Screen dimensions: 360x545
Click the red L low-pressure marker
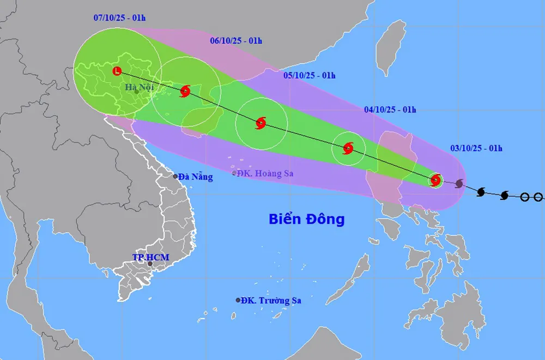coord(117,71)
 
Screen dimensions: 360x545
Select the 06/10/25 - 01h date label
coord(236,40)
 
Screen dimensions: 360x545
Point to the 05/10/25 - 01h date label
coord(310,75)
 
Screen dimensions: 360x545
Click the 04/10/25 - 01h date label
coord(390,109)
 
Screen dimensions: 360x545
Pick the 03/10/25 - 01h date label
coord(476,148)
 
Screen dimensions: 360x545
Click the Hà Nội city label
coord(140,87)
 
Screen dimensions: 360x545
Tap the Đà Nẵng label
coord(196,176)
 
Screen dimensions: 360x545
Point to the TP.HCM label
coord(151,257)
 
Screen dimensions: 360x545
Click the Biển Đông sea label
coord(307,219)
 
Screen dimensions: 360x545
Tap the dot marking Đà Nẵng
coord(175,176)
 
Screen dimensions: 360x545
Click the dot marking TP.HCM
coord(150,264)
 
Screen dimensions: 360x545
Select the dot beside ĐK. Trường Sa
coord(238,300)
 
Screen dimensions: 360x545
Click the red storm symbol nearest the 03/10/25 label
coord(435,180)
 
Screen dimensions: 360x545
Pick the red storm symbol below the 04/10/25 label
coord(348,148)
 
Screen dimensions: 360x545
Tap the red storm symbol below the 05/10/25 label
coord(261,123)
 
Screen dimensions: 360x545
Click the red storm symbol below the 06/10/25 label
coord(185,91)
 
